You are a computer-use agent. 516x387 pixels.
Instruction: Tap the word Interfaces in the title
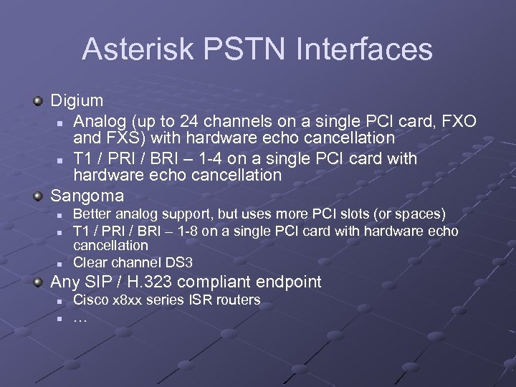pyautogui.click(x=356, y=49)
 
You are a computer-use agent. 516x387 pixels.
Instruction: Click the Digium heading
pyautogui.click(x=77, y=100)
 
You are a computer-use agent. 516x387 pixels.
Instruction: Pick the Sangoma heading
pyautogui.click(x=87, y=195)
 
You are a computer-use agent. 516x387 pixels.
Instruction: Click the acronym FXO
pyautogui.click(x=458, y=119)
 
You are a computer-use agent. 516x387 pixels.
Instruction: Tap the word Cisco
pyautogui.click(x=91, y=300)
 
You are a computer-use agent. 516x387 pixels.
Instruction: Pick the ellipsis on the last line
pyautogui.click(x=80, y=318)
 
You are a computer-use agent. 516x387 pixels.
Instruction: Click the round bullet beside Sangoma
pyautogui.click(x=39, y=196)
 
